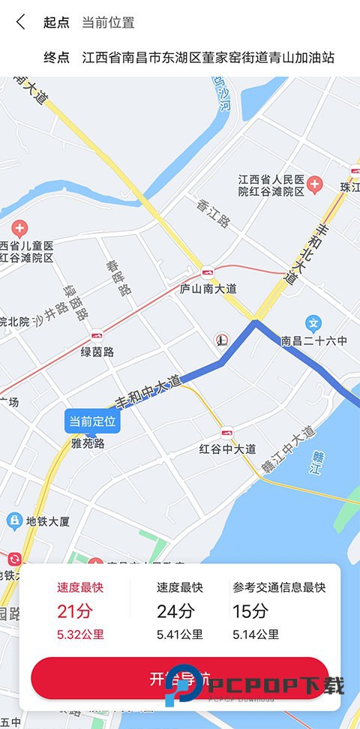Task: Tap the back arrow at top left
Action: tap(20, 22)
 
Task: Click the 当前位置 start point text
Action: tap(108, 22)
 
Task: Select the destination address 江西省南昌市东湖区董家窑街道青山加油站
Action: tap(208, 58)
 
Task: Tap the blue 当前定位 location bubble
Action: tap(93, 421)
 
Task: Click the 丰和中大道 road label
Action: tap(148, 391)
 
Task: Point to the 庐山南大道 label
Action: tap(208, 288)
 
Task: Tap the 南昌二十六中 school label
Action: tap(314, 341)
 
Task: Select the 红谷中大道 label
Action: tap(228, 448)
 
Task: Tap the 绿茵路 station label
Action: tap(97, 352)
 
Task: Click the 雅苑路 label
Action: tap(88, 443)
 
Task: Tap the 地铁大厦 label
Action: tap(48, 520)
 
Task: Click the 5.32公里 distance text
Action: tap(80, 634)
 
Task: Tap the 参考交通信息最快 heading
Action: tap(278, 587)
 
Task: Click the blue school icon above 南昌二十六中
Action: tap(314, 324)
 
